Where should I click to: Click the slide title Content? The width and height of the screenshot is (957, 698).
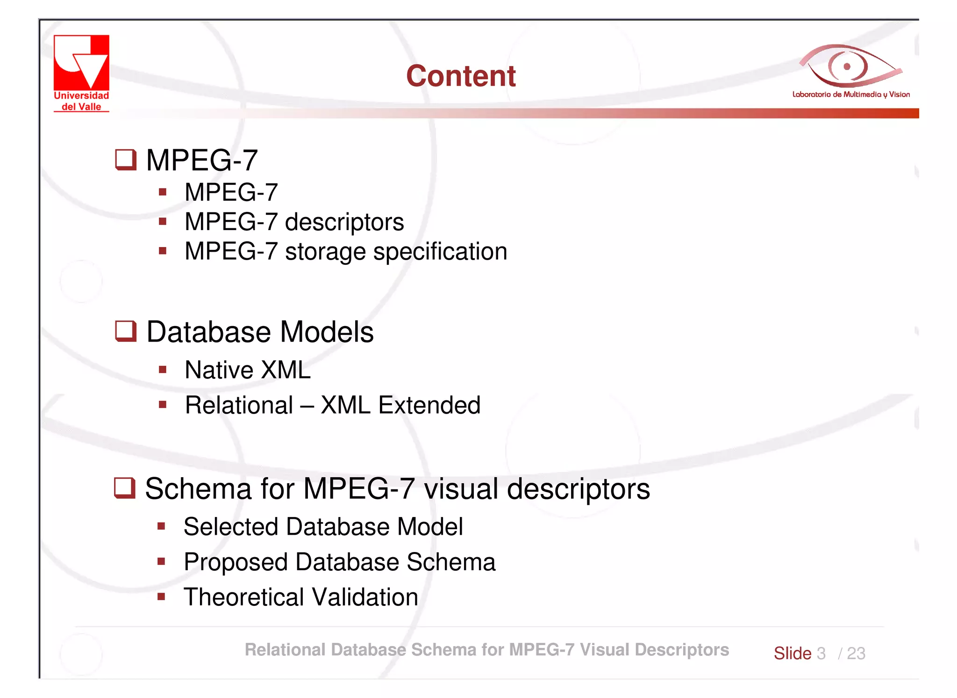coord(461,76)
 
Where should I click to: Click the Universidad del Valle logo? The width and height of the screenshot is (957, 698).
coord(81,73)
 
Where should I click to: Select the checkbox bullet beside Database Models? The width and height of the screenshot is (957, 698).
coord(126,331)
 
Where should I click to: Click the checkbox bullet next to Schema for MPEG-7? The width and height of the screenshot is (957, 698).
coord(125,488)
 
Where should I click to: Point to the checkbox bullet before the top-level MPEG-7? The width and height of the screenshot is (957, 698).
coord(126,160)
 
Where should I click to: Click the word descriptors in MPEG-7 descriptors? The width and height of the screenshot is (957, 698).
coord(344,222)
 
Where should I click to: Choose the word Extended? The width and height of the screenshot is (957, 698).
coord(429,405)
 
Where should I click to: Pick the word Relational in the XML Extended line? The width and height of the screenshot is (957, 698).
coord(239,405)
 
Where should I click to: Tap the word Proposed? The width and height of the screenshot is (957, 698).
coord(236,562)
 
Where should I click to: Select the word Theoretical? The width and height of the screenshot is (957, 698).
coord(243,597)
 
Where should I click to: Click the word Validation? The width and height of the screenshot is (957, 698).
coord(365,597)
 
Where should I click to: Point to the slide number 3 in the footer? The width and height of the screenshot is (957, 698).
coord(821,653)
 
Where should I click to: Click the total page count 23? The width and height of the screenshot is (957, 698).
coord(856,653)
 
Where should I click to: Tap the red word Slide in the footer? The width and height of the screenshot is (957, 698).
coord(793,653)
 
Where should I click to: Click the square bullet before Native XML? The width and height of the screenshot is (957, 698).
coord(163,370)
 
